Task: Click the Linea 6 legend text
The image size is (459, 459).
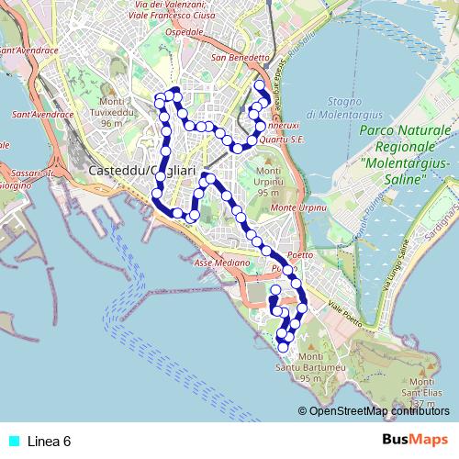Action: pyautogui.click(x=49, y=442)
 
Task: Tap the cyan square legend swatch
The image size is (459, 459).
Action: pyautogui.click(x=12, y=442)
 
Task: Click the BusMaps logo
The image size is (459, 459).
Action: pyautogui.click(x=415, y=441)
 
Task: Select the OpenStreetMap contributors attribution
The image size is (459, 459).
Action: pyautogui.click(x=378, y=410)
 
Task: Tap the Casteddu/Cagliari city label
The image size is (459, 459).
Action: pyautogui.click(x=143, y=172)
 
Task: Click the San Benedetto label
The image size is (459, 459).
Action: pyautogui.click(x=240, y=57)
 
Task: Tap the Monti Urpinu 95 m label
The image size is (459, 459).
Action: pyautogui.click(x=269, y=182)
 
